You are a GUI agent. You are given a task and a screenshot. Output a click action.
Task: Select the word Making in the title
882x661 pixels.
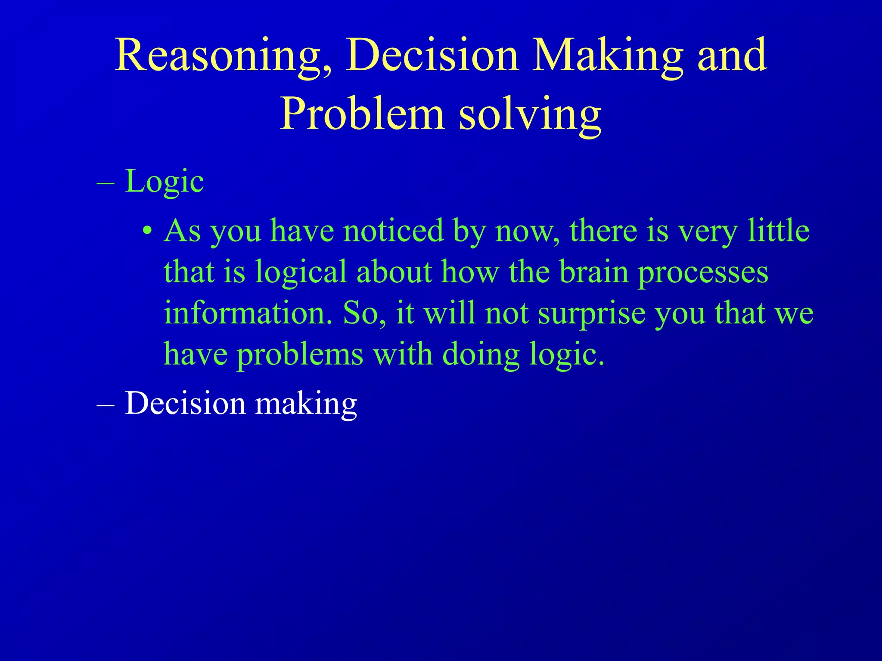(x=607, y=56)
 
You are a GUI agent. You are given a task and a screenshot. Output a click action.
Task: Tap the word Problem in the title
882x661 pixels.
(x=362, y=114)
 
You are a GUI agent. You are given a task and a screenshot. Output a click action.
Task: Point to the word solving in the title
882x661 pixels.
(x=530, y=114)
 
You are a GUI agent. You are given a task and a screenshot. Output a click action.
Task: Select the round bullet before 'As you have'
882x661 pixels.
(x=147, y=231)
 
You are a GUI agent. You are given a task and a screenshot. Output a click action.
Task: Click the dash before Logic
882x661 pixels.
(x=106, y=183)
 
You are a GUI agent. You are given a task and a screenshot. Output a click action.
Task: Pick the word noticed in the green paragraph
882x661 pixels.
(x=393, y=231)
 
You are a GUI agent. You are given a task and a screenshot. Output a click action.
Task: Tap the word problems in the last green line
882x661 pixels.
(x=300, y=355)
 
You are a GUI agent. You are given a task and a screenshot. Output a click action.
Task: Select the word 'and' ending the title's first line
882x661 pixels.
(x=732, y=56)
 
